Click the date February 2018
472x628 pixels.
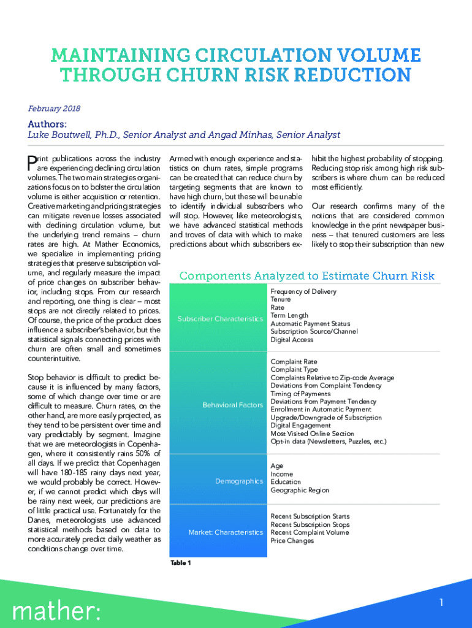[54, 109]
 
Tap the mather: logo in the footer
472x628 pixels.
[57, 610]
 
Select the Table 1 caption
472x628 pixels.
[181, 563]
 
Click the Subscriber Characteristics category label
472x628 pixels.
[219, 319]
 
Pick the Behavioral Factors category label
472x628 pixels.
[232, 405]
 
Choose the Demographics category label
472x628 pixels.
[238, 481]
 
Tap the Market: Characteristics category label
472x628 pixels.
[225, 532]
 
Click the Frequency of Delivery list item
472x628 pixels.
[303, 292]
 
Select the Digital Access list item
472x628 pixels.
[292, 340]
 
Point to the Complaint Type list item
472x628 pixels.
[294, 370]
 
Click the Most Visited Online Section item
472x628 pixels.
[312, 434]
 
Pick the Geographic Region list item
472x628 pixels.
[300, 490]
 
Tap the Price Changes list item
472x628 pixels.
[292, 541]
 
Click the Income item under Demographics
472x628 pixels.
[281, 474]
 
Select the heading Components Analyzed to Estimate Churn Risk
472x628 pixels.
[306, 276]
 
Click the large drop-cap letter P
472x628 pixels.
[32, 162]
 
